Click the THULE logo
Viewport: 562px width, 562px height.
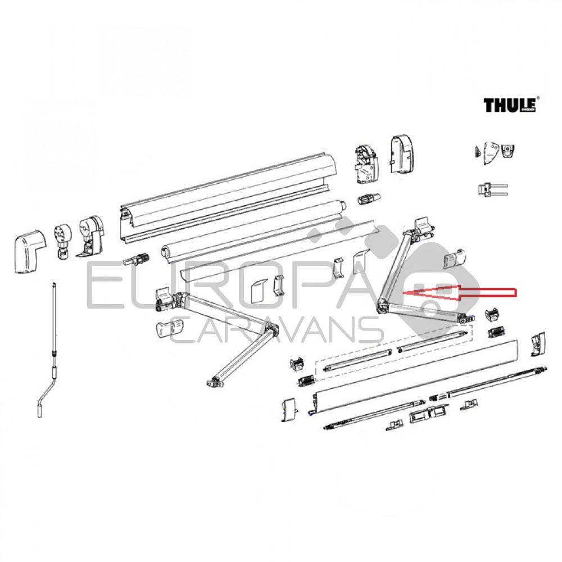[x=511, y=105]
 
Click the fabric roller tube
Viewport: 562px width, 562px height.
[x=253, y=228]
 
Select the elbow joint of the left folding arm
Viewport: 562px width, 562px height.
[x=272, y=331]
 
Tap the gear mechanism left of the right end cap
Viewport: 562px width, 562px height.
[x=365, y=163]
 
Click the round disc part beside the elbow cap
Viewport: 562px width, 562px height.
[x=61, y=239]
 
